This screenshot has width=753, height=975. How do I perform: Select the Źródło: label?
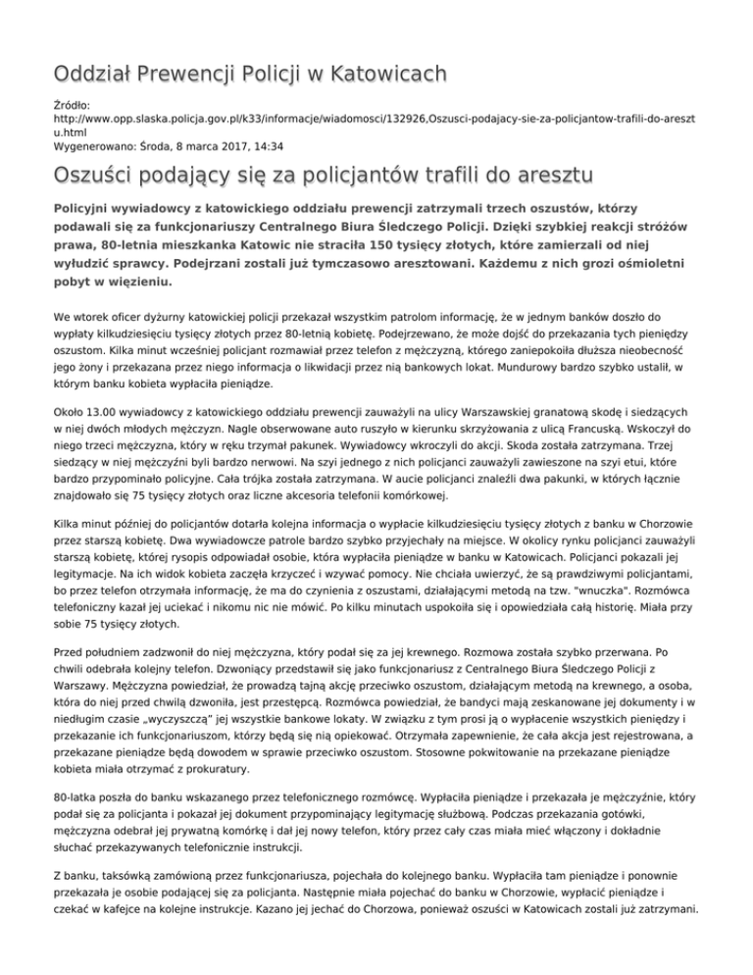(73, 102)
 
